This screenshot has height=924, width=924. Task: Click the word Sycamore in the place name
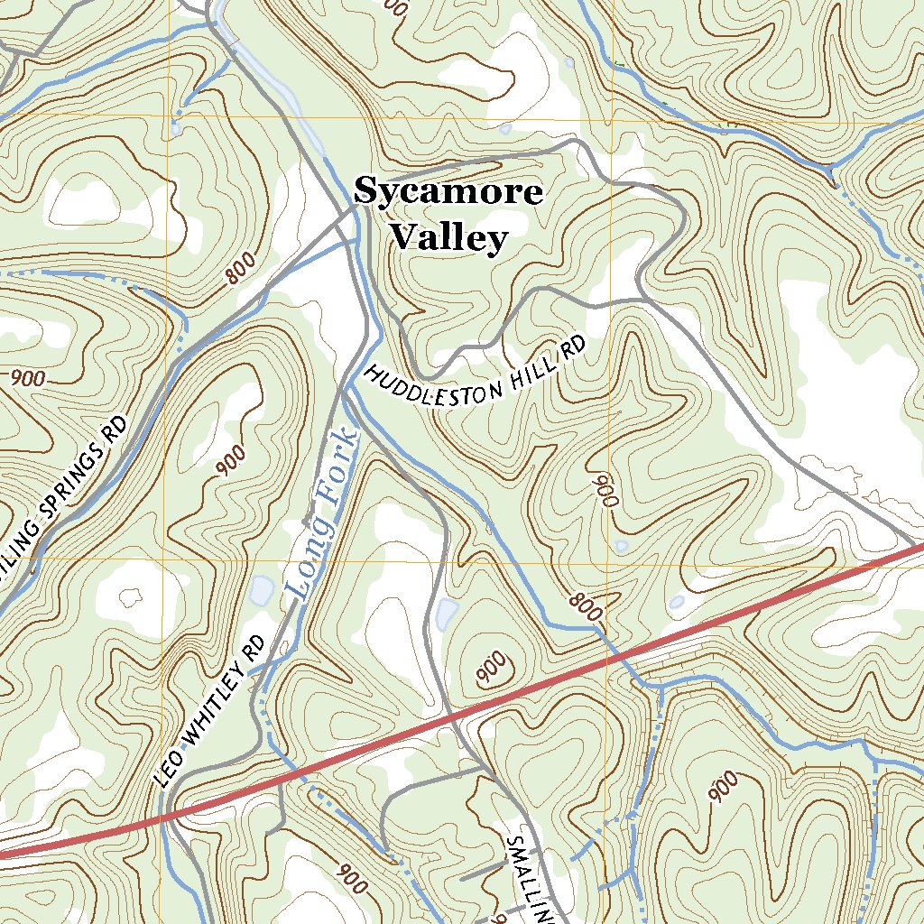click(x=448, y=192)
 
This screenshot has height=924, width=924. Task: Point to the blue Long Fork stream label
click(x=322, y=515)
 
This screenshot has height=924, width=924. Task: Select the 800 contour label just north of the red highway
click(x=585, y=606)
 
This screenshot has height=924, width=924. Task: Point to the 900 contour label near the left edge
click(x=28, y=378)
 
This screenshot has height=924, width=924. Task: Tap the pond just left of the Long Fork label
click(x=262, y=591)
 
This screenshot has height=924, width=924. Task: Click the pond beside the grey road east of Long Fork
click(x=445, y=614)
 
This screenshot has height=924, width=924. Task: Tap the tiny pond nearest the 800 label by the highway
click(x=677, y=602)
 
